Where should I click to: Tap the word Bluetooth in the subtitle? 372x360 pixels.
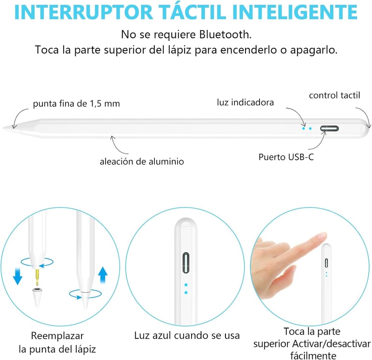225,34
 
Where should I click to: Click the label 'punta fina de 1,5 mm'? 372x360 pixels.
76,104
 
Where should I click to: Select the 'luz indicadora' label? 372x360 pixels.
246,102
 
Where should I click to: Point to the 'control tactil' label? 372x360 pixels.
334,95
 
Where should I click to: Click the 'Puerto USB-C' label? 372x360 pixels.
286,157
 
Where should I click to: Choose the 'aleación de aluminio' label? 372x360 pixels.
142,161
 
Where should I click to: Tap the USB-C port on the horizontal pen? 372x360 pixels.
329,129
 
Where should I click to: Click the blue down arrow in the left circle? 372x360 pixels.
18,276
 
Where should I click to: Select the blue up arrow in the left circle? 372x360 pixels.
103,275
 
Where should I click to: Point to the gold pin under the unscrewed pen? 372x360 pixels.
37,277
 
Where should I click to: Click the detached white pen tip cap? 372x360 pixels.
37,297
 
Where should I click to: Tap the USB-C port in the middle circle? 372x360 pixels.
186,262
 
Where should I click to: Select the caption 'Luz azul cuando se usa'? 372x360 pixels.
187,335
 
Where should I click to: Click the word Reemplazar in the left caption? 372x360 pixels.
57,336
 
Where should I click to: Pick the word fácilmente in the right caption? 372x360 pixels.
313,356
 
